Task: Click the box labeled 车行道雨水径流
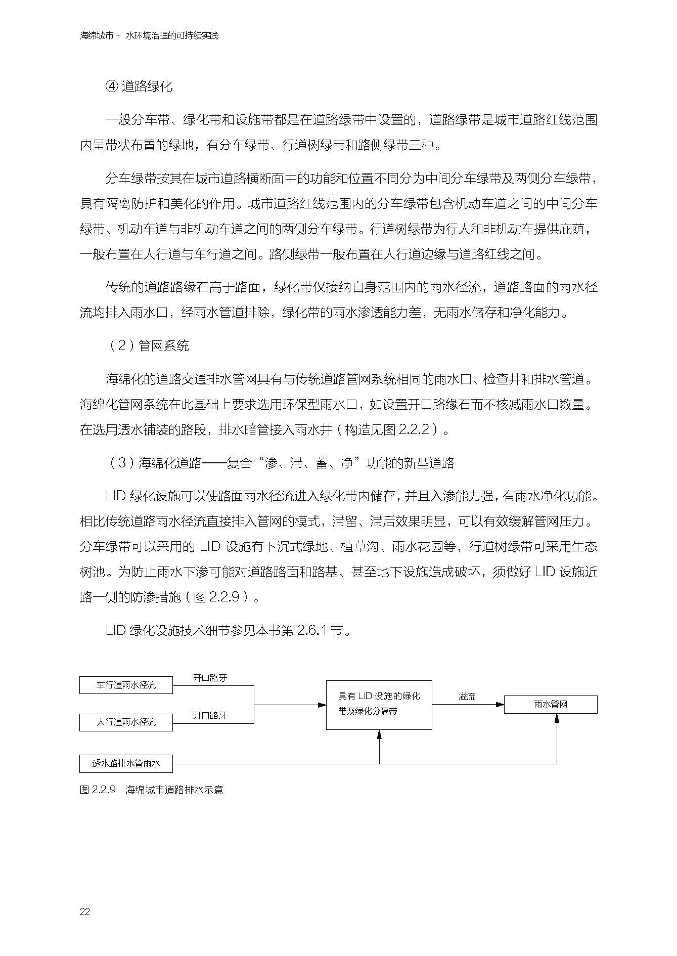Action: click(126, 685)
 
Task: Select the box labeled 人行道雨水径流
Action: click(126, 722)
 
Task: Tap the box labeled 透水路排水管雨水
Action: click(126, 764)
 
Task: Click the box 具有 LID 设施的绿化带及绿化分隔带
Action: click(379, 705)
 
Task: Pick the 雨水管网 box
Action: click(550, 705)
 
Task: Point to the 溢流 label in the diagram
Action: click(467, 697)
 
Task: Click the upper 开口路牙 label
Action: click(210, 678)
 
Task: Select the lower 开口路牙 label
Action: click(210, 715)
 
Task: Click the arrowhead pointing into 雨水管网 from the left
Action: click(500, 705)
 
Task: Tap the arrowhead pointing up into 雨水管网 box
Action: click(557, 718)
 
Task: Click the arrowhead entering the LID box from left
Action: click(322, 705)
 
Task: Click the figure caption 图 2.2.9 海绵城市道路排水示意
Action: click(152, 790)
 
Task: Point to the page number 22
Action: click(85, 912)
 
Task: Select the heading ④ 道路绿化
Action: click(139, 86)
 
